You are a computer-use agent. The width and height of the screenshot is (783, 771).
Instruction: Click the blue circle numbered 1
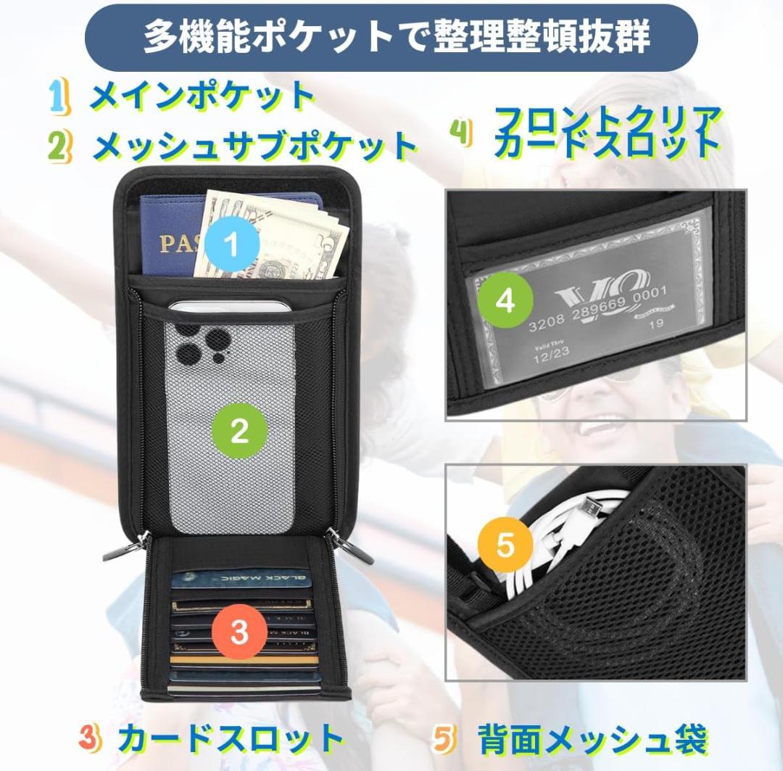coord(231,245)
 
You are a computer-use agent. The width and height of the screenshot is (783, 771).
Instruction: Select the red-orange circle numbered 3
coord(240,632)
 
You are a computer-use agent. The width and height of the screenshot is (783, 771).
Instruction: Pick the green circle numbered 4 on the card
coord(505,300)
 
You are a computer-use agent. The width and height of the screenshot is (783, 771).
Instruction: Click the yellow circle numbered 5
coord(505,545)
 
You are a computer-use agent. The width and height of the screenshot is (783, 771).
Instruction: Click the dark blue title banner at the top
coord(391,37)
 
